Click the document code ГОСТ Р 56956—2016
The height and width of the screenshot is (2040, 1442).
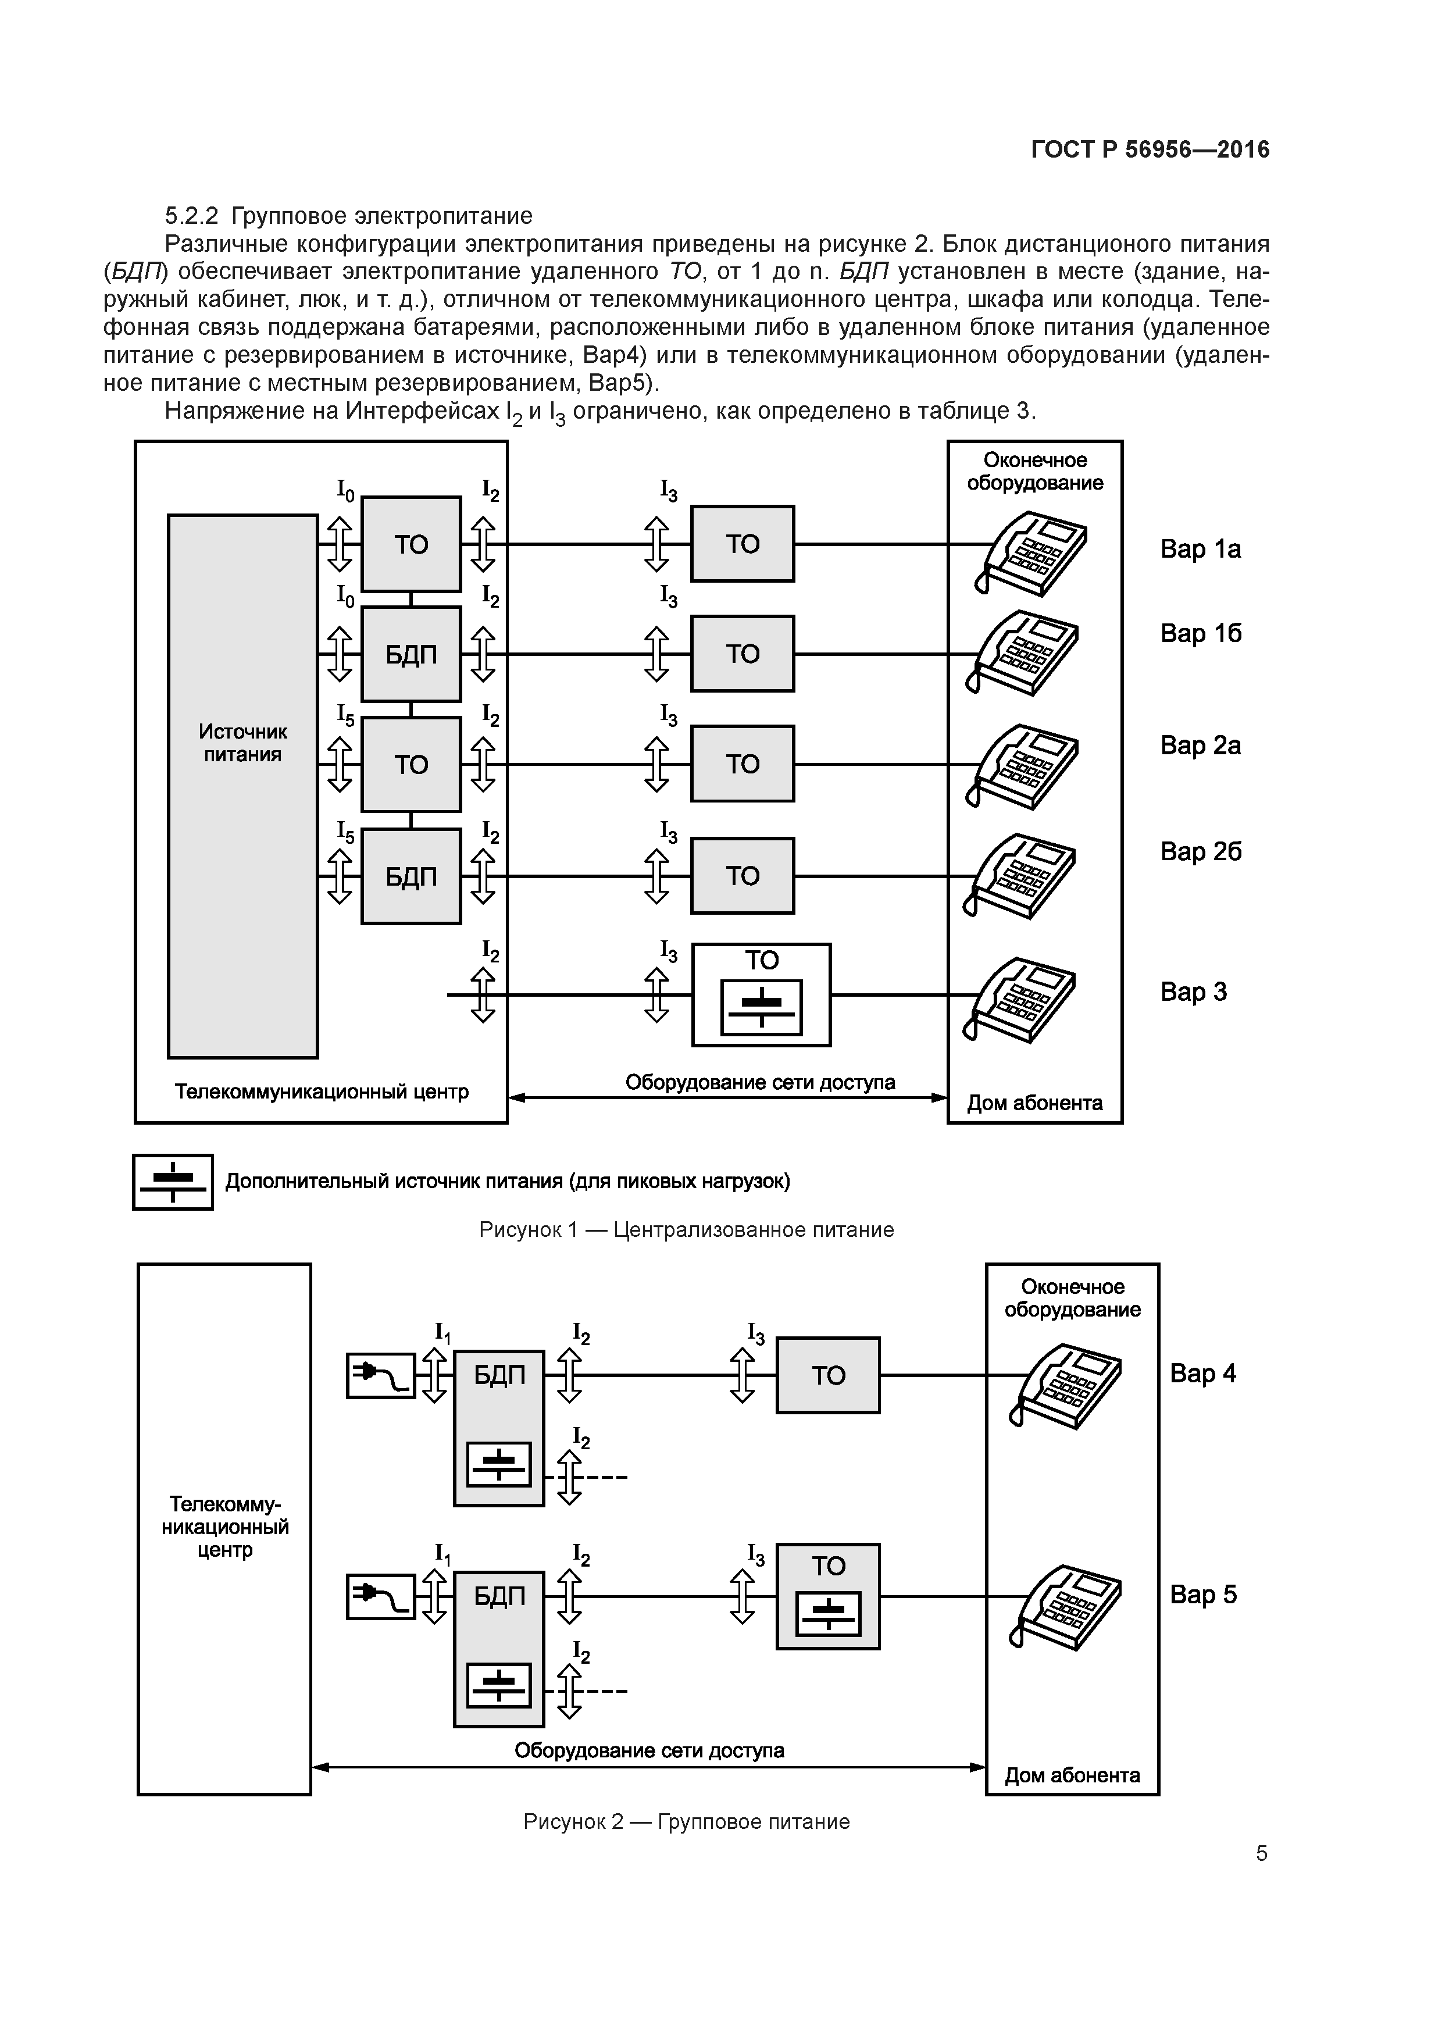click(x=1150, y=149)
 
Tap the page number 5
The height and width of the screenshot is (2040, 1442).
click(x=1261, y=1853)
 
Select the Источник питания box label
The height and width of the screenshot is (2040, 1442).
click(x=242, y=743)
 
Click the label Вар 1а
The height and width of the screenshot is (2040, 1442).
click(x=1200, y=549)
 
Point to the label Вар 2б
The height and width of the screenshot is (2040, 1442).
click(x=1200, y=851)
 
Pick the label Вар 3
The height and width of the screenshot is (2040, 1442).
click(x=1193, y=992)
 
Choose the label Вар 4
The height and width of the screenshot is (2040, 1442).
click(x=1202, y=1374)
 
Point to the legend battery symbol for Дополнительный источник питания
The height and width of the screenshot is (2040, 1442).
click(x=173, y=1182)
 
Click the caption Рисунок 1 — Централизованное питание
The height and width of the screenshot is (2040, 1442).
click(x=686, y=1230)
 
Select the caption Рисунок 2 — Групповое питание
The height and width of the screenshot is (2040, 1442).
click(x=686, y=1821)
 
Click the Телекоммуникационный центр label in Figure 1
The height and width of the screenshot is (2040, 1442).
click(x=322, y=1091)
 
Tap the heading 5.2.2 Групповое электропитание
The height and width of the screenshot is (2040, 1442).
click(x=348, y=216)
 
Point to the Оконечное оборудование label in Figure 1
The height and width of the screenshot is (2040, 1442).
click(x=1035, y=472)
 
